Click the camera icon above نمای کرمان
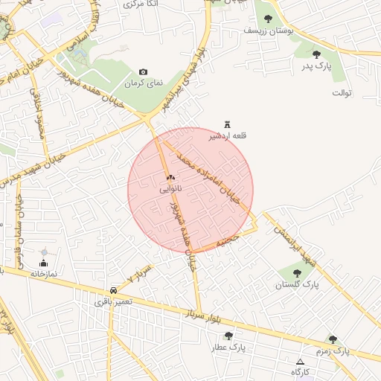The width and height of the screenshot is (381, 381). [144, 72]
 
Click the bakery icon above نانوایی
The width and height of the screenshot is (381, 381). [170, 178]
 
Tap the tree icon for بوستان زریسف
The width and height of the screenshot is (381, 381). [268, 19]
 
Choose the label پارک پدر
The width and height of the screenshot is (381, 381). [316, 66]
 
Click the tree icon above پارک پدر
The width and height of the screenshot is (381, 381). [317, 54]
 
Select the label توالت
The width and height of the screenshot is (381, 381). [342, 93]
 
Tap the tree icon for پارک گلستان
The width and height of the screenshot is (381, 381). [298, 273]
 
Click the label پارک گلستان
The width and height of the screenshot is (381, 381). [297, 285]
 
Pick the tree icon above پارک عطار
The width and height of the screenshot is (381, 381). [228, 336]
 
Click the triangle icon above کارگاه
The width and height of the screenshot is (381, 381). [300, 361]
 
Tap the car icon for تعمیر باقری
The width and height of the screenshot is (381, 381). [113, 289]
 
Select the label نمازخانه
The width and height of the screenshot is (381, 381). [44, 274]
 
